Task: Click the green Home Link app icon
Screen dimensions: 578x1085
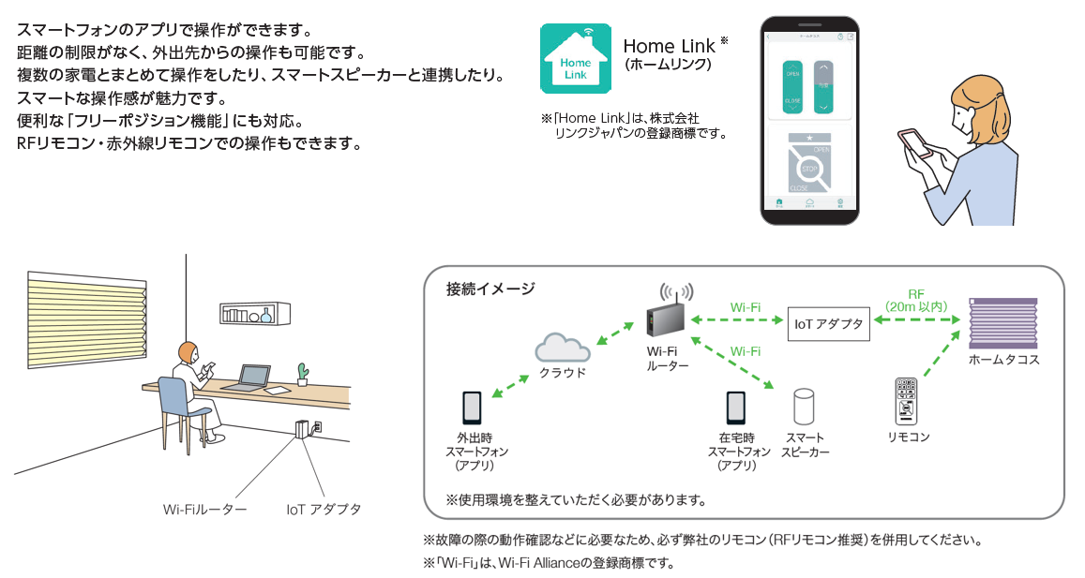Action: tap(575, 58)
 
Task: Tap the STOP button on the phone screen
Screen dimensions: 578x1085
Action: tap(808, 170)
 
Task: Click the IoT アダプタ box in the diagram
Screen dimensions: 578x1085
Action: tap(827, 324)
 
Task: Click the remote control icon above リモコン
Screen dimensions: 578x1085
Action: tap(908, 401)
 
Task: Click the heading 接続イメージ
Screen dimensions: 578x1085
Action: tap(490, 289)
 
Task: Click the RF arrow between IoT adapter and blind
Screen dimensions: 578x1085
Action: tap(915, 322)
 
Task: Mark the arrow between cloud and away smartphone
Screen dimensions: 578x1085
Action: tap(511, 384)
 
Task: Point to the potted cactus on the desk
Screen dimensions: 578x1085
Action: tap(301, 373)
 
